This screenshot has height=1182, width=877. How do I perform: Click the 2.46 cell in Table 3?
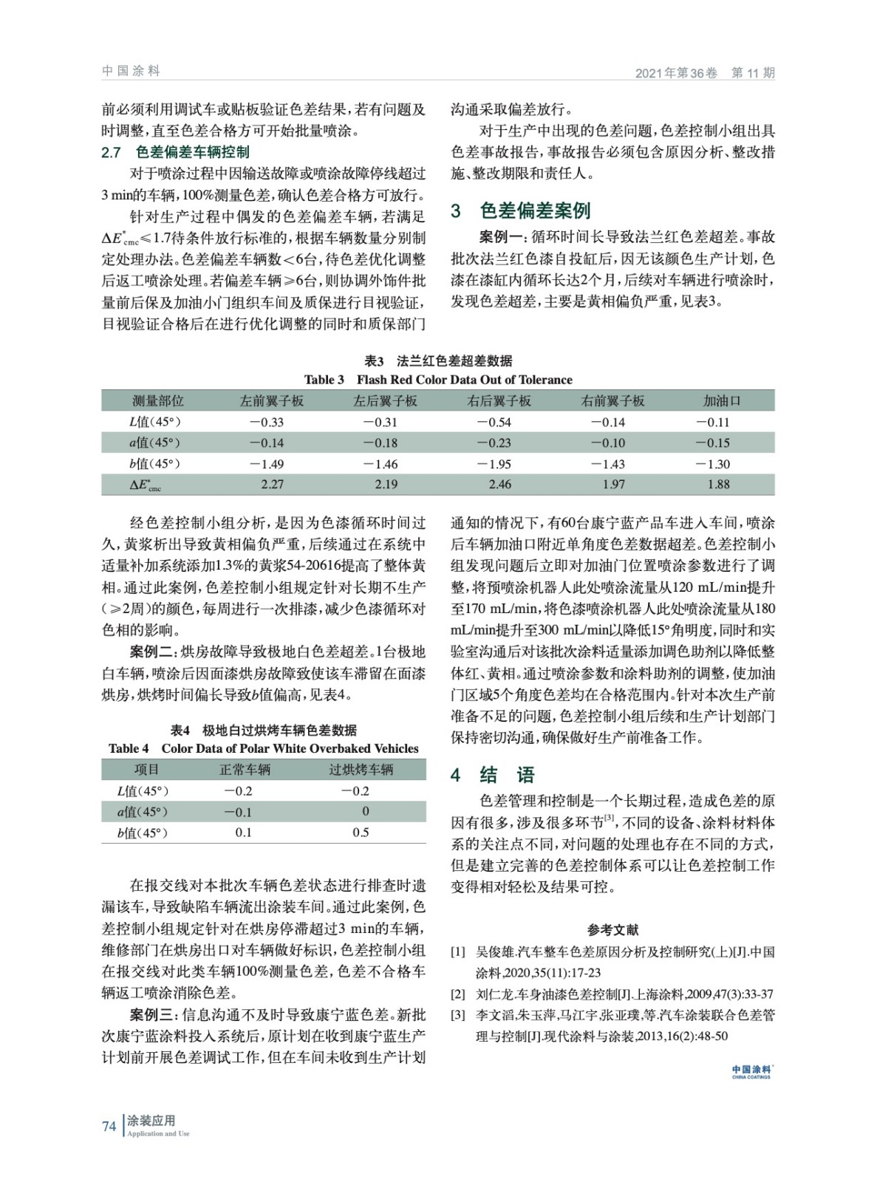pos(499,485)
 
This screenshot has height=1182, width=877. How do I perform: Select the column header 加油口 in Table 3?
pos(721,401)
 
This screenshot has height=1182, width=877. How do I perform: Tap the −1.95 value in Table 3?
pos(494,464)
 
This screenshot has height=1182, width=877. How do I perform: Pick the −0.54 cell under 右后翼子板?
pos(494,423)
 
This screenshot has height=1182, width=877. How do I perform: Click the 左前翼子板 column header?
pos(271,401)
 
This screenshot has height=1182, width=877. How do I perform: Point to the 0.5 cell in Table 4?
pos(361,833)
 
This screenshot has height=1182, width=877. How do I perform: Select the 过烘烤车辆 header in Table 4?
pos(361,770)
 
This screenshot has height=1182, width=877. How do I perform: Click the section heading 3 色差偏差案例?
pos(520,211)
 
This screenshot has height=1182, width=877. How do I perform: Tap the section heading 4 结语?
pos(493,775)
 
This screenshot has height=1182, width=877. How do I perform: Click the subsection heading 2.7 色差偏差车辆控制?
pos(175,153)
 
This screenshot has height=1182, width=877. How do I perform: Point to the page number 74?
pos(109,1127)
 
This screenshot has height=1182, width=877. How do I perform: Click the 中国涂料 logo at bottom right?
pos(751,1071)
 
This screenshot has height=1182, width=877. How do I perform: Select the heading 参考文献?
pos(612,930)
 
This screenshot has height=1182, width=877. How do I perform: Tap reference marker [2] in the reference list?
pos(458,994)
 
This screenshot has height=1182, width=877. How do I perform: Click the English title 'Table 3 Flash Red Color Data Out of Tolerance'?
pos(438,380)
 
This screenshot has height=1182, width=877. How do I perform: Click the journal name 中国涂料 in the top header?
pos(131,71)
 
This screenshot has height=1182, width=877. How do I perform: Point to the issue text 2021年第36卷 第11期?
pos(705,73)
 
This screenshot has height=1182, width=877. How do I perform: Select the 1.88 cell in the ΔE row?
pos(718,485)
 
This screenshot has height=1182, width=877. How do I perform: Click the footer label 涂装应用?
pos(151,1121)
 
